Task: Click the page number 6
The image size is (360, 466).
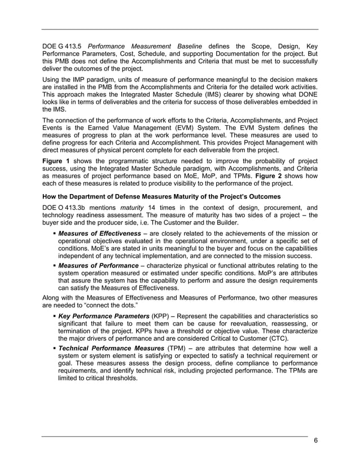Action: [x=315, y=441]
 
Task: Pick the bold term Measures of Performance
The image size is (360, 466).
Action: [x=98, y=265]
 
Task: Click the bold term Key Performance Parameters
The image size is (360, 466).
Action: [x=104, y=316]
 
